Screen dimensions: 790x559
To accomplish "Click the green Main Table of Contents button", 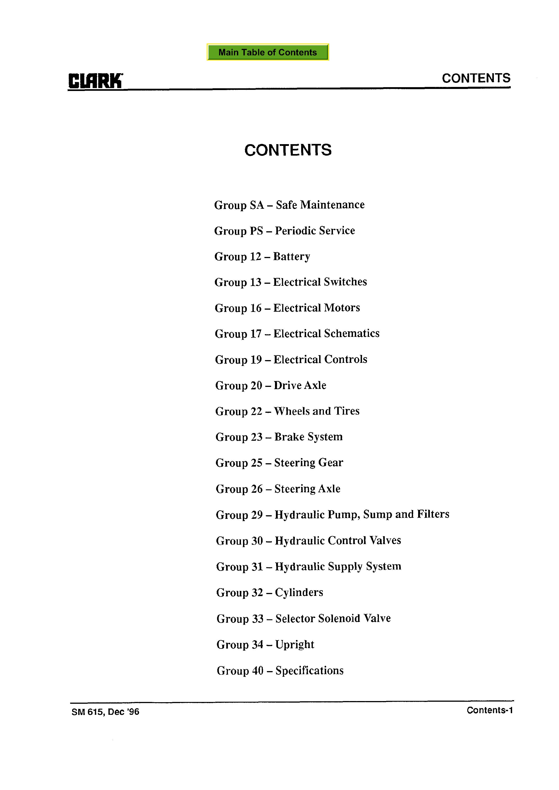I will click(x=268, y=52).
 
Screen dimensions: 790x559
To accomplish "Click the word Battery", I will click(x=291, y=256).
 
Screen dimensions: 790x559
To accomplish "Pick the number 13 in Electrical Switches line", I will click(x=256, y=282).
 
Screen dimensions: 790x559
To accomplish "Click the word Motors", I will click(x=342, y=308).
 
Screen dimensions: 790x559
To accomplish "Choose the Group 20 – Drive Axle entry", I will click(x=271, y=385).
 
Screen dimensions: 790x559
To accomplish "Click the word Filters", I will click(x=433, y=514).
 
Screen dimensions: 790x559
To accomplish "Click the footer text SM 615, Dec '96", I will click(x=105, y=712).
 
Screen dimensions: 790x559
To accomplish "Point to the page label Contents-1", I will click(x=489, y=711).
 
